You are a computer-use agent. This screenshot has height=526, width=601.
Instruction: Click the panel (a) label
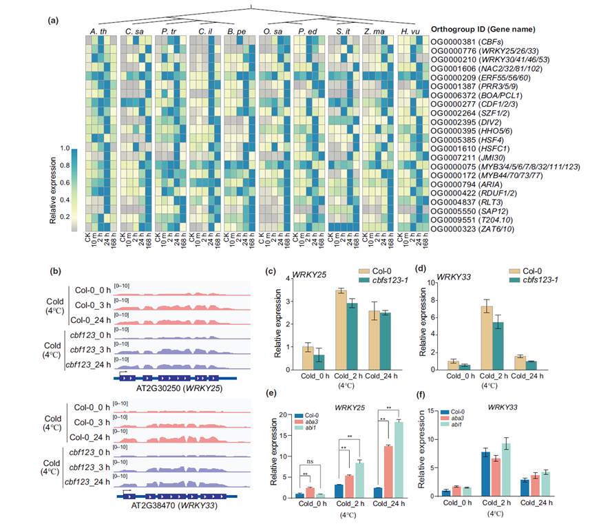[x=52, y=20]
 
